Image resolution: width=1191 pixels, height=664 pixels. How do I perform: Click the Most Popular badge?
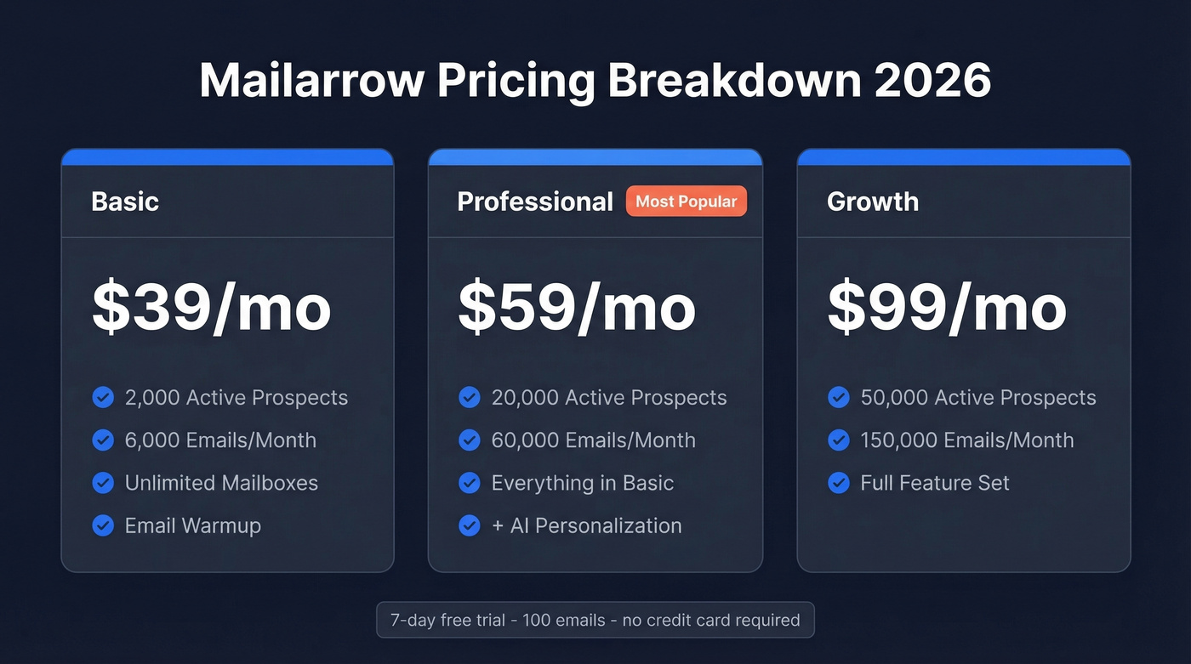coord(686,201)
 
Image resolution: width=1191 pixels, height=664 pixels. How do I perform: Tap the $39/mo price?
coord(211,308)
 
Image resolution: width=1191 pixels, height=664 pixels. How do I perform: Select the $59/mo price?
coord(577,308)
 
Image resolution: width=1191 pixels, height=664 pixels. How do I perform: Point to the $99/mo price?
coord(946,308)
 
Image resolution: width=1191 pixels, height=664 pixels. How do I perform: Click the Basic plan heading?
coord(125,201)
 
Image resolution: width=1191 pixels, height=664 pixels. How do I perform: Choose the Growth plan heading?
coord(873,201)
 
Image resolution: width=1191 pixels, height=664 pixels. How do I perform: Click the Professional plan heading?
coord(535,201)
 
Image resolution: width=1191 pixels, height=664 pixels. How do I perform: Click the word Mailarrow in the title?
coord(311,81)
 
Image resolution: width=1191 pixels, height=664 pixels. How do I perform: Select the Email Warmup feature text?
coord(193,525)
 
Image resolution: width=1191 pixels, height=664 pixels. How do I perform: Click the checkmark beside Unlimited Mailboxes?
coord(103,483)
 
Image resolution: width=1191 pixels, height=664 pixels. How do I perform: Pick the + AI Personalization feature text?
coord(586,525)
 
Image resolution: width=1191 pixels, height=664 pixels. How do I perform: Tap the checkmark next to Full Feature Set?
coord(839,483)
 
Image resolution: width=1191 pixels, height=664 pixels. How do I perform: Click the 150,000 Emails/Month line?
coord(967,440)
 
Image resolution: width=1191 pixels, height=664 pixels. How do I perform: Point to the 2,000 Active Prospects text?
coord(236,398)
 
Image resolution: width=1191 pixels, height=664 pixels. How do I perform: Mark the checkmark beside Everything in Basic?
coord(470,483)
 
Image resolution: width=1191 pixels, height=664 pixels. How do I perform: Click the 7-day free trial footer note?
coord(595,620)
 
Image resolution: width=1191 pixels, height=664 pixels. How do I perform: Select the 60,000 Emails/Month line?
coord(594,440)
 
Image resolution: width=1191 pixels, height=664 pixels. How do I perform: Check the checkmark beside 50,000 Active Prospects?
coord(839,398)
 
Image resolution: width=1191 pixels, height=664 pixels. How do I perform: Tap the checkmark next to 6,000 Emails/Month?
coord(103,440)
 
